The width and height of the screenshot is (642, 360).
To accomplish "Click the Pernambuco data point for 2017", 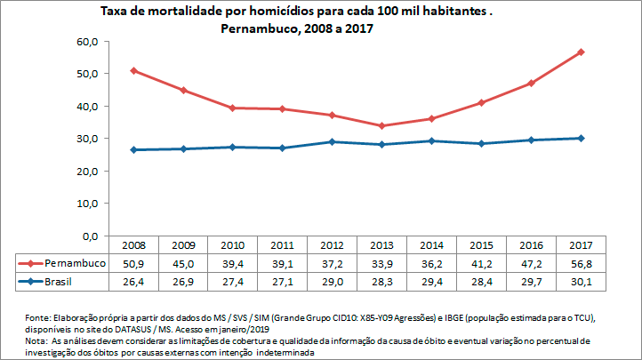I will [x=581, y=52].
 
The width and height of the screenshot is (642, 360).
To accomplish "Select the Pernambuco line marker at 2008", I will [x=133, y=70].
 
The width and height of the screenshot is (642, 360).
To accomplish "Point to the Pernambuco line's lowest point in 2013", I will [x=381, y=125].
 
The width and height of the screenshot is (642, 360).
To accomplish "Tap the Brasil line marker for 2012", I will [x=332, y=141].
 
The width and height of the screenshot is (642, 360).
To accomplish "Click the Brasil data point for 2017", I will [x=581, y=138].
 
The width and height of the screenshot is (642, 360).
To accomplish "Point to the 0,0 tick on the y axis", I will [x=89, y=236].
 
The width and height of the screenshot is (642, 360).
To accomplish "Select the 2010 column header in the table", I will [x=232, y=245].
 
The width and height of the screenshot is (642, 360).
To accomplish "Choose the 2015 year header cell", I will [x=481, y=245].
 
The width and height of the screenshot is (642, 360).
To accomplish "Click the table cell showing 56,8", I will [x=581, y=264].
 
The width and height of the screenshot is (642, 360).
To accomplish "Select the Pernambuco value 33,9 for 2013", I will [x=381, y=264].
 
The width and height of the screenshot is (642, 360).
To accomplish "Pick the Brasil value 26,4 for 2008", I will [x=132, y=282].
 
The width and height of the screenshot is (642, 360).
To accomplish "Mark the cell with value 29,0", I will [x=332, y=282].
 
